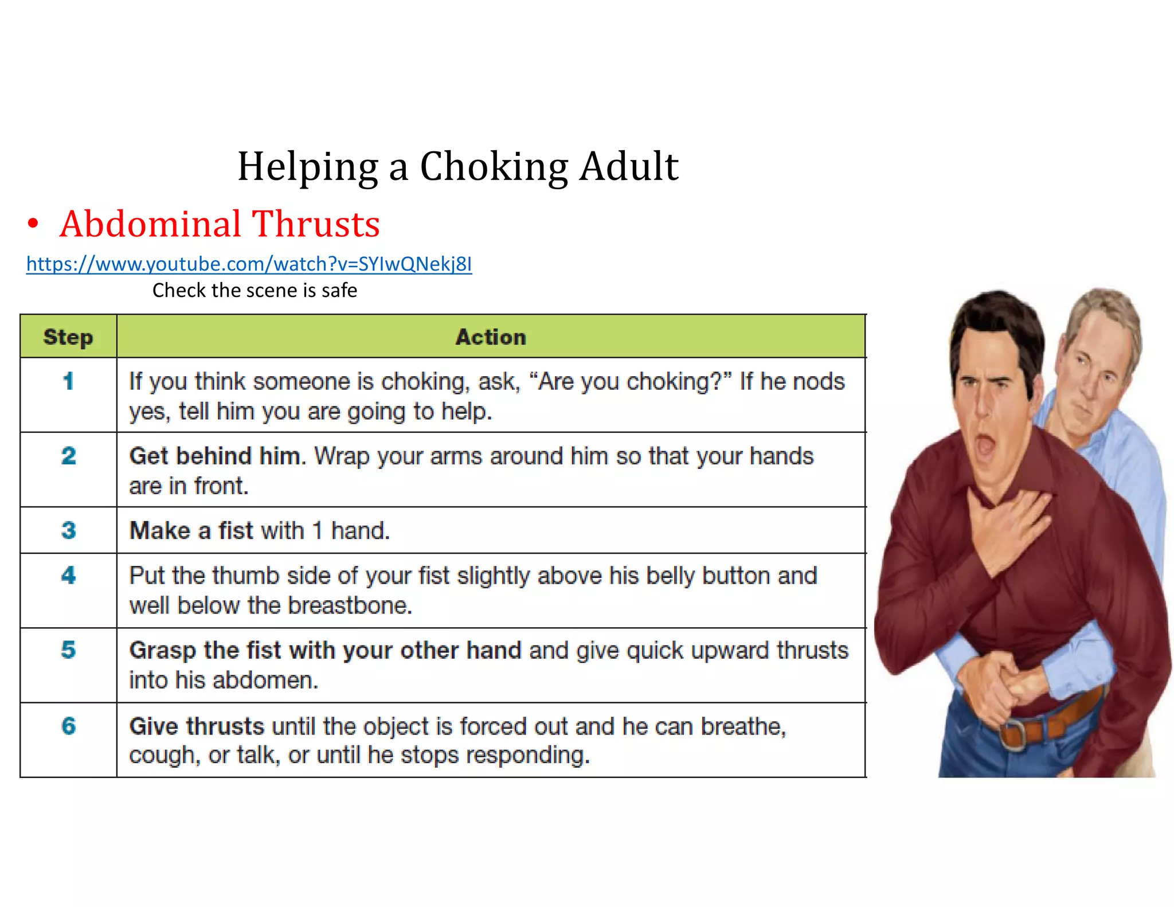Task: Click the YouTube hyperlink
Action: [249, 264]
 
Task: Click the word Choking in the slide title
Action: [494, 167]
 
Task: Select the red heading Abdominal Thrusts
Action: [220, 224]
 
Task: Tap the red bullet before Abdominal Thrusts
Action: [33, 224]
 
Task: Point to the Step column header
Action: [68, 337]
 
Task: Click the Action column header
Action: [491, 337]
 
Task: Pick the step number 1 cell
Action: [68, 381]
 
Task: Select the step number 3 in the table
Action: [68, 530]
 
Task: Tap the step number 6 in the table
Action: [68, 726]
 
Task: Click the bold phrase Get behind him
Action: [215, 456]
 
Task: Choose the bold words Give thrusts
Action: [197, 726]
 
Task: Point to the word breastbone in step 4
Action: [350, 605]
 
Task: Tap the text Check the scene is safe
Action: [255, 290]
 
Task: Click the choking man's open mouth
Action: [985, 444]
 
